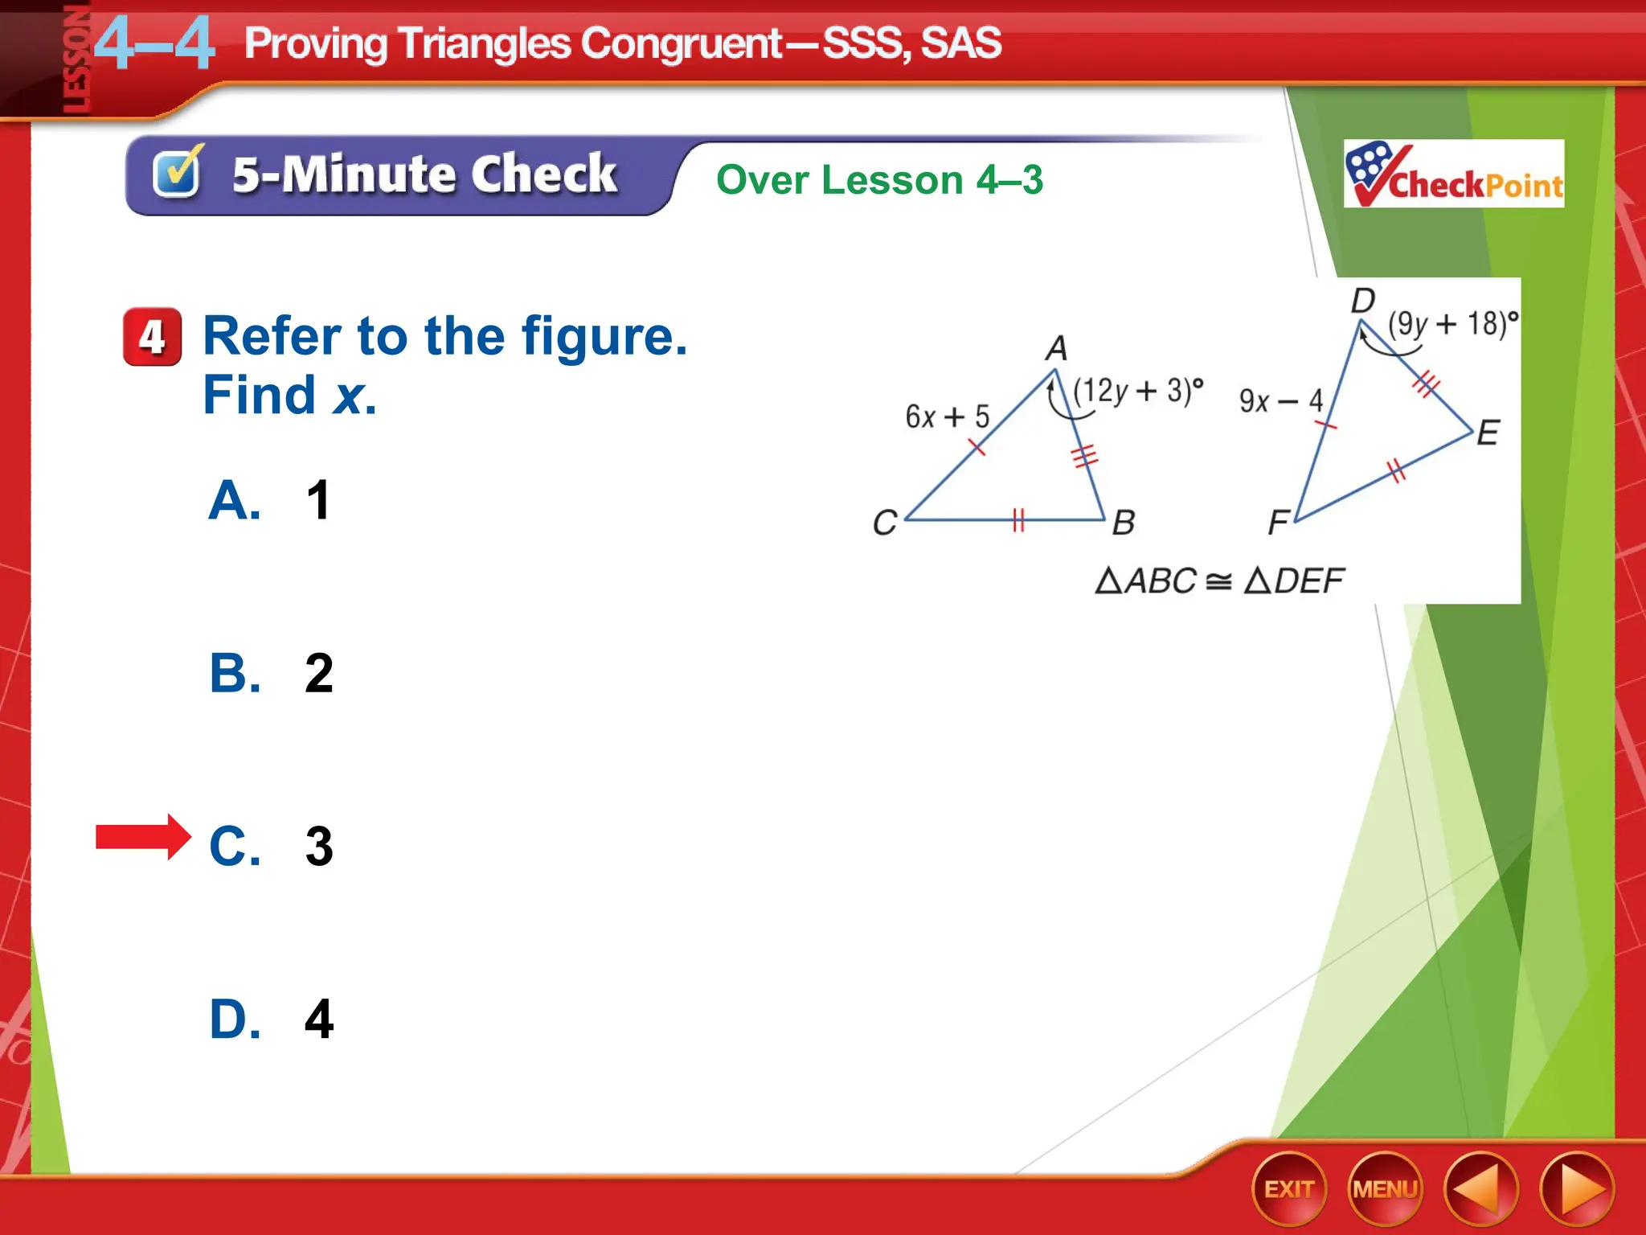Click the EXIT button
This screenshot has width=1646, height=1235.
(x=1288, y=1189)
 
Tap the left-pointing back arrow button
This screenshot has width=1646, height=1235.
(x=1480, y=1189)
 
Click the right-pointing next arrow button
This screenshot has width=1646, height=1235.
(x=1577, y=1189)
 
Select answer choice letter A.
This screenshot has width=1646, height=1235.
(x=234, y=500)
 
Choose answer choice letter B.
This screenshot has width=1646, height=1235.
(x=234, y=673)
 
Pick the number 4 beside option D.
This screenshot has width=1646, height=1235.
(x=318, y=1019)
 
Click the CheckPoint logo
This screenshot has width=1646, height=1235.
(x=1453, y=174)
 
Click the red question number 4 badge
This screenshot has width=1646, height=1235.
(x=152, y=337)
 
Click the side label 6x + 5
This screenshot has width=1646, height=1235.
(x=947, y=416)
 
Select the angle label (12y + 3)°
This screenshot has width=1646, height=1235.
(x=1138, y=391)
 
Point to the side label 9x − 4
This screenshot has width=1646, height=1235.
(x=1280, y=400)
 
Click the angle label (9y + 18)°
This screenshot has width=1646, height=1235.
(x=1453, y=323)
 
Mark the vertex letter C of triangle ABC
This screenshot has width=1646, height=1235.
(x=885, y=523)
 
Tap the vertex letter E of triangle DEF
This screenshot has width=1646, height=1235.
(x=1488, y=433)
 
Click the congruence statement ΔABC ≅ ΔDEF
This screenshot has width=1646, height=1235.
(x=1219, y=581)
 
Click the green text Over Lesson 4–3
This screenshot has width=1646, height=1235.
(x=879, y=179)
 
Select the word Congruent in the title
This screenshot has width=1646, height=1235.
(x=682, y=43)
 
